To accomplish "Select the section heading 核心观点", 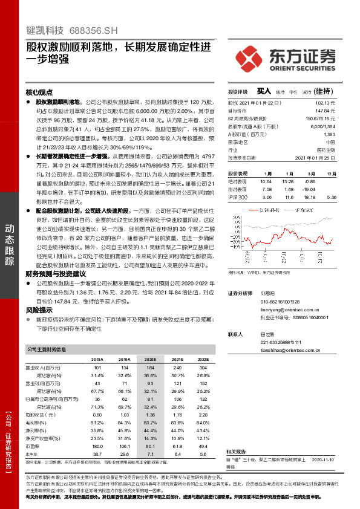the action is pos(39,92).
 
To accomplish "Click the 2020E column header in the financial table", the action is pos(149,359).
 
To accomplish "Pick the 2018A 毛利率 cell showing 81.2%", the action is pos(96,423).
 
